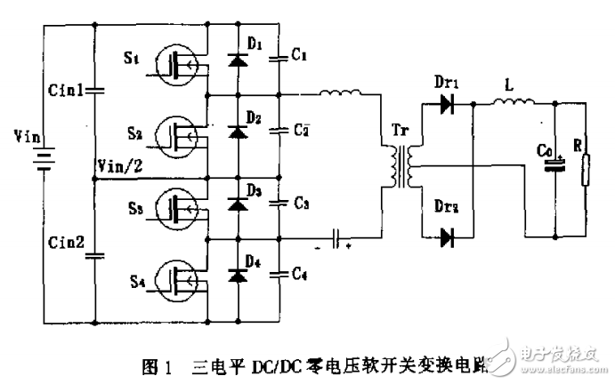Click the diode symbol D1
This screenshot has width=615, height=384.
[x=238, y=60]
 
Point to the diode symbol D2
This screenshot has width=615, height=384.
[x=238, y=132]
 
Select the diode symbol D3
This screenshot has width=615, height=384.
[x=238, y=204]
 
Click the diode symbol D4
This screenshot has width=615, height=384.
[x=238, y=276]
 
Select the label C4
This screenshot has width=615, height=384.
[x=300, y=275]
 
